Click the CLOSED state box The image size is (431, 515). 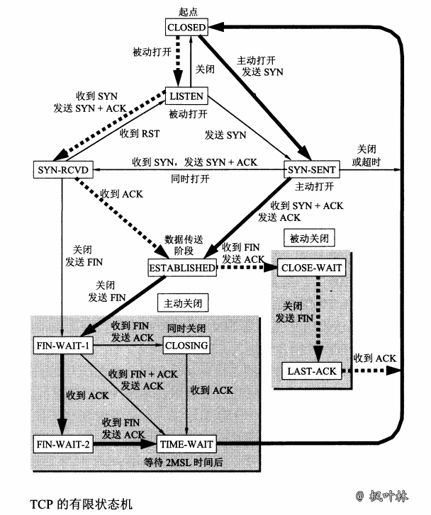coord(186,27)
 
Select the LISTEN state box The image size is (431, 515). coord(186,96)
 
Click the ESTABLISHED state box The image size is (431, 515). coord(181,268)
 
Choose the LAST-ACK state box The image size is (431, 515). coord(311,370)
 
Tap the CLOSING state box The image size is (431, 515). coord(186,345)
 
